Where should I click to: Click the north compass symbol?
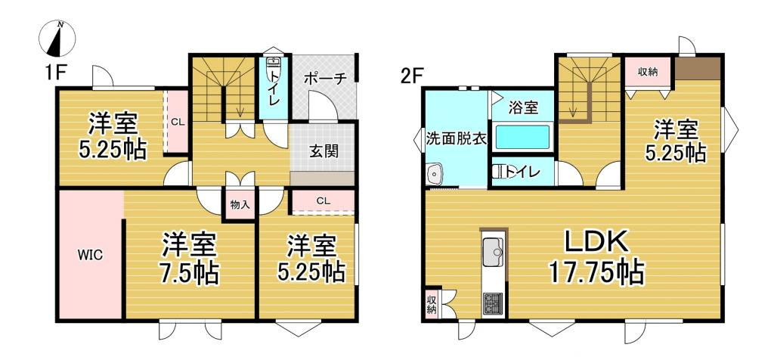[57, 39]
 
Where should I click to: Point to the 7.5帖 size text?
[189, 272]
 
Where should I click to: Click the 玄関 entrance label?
[323, 151]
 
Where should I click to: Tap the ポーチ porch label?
[325, 78]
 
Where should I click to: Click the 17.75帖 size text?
[598, 272]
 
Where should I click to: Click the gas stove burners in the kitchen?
[494, 303]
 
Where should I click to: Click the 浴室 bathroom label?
[523, 107]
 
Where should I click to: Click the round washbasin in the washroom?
[435, 175]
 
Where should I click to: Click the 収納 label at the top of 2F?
[647, 73]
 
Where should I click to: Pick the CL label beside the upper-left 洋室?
[176, 121]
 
